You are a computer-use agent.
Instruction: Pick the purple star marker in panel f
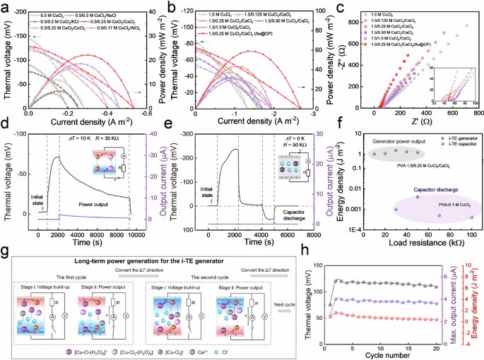pos(418,197)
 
